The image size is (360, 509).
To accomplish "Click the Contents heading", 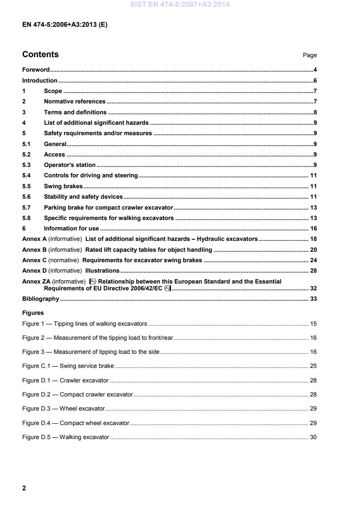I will click(x=40, y=54).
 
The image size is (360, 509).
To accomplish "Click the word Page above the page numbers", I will click(x=310, y=55).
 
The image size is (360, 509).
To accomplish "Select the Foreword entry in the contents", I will click(x=36, y=70).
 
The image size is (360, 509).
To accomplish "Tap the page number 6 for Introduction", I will click(x=315, y=81).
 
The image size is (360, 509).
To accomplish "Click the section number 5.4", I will click(x=26, y=176).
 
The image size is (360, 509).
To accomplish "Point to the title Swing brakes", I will click(x=63, y=186).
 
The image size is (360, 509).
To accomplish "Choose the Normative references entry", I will click(x=74, y=102).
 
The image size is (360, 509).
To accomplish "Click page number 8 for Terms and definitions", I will click(x=315, y=112).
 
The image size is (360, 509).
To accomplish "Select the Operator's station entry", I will click(x=69, y=165).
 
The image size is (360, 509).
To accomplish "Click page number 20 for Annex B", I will click(x=313, y=250).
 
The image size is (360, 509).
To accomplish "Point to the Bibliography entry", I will click(x=41, y=299).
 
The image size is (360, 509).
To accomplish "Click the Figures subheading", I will click(x=33, y=313).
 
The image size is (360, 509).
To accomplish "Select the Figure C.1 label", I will click(x=36, y=366).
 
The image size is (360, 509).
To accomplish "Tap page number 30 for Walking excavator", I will click(x=313, y=437).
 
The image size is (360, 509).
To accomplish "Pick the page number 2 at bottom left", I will click(x=24, y=488).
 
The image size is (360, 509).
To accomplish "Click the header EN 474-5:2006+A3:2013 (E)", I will click(x=64, y=25).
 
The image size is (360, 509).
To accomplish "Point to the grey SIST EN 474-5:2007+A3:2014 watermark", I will click(x=180, y=5).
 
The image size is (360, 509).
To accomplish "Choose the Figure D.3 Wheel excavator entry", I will click(x=64, y=409).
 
